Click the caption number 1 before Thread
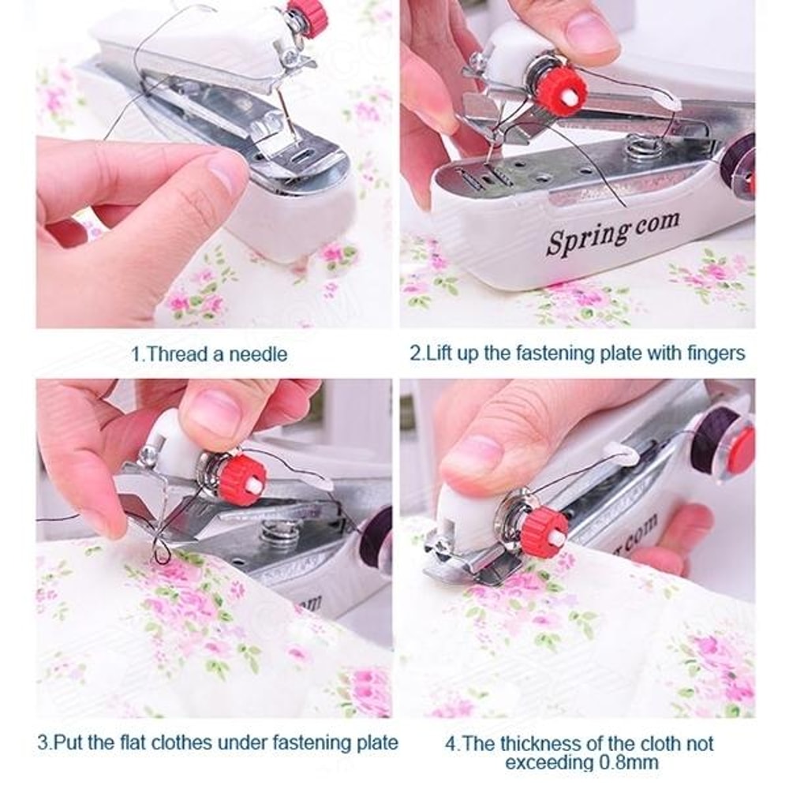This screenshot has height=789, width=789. (135, 354)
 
